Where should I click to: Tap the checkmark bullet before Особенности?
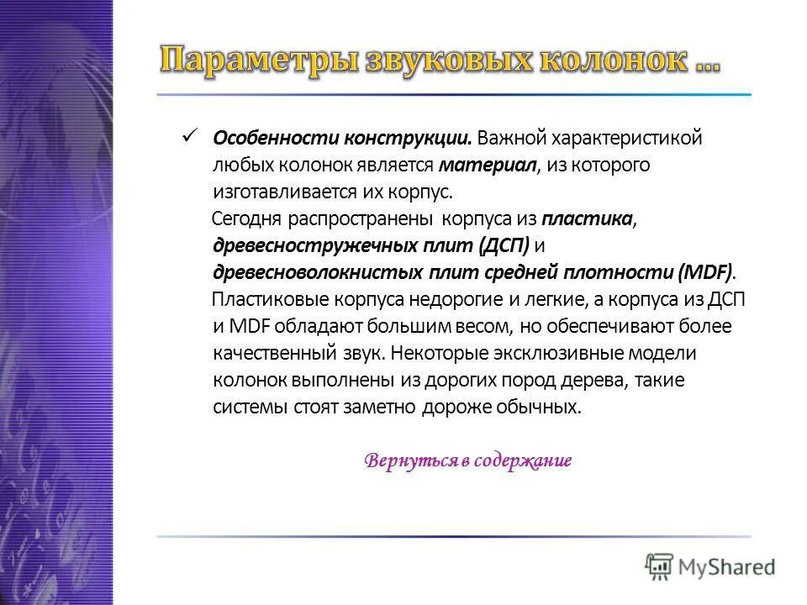188,135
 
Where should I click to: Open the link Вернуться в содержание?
468,460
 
